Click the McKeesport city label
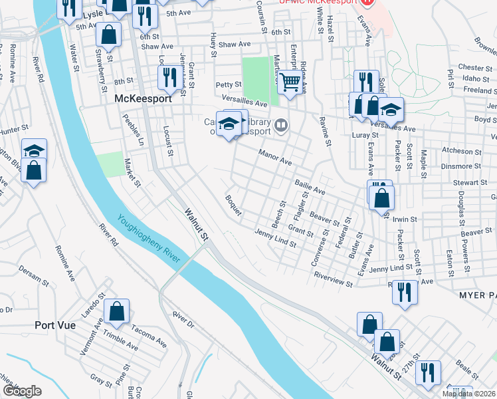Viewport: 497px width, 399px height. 143,98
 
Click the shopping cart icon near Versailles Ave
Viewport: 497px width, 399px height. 290,84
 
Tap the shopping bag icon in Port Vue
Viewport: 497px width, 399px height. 117,311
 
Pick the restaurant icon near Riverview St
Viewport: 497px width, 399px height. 402,293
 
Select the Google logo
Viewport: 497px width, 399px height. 21,390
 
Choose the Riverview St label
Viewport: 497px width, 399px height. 334,279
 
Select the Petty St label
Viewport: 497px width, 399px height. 228,84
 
